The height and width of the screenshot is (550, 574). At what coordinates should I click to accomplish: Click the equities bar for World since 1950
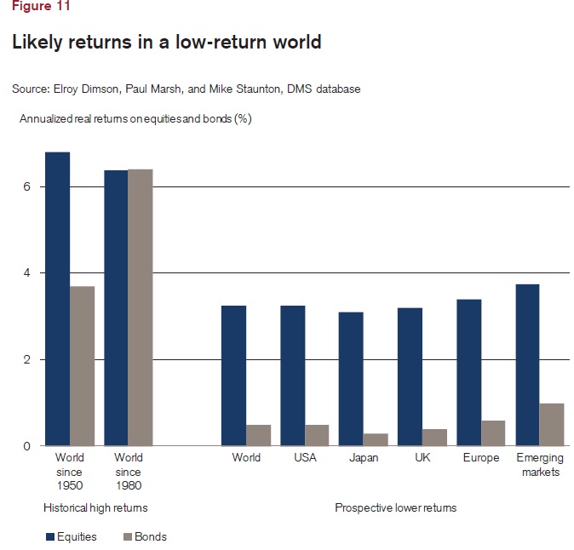click(57, 299)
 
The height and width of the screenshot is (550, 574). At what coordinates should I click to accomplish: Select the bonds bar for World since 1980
click(141, 307)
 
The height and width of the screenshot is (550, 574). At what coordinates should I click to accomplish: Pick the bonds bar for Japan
click(375, 439)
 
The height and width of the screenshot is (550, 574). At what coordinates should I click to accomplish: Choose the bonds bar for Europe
click(492, 433)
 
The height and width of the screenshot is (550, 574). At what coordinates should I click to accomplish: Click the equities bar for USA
click(292, 375)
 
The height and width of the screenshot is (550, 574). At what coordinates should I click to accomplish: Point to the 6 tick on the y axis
click(27, 186)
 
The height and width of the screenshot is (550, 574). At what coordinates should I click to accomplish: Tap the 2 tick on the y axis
click(27, 359)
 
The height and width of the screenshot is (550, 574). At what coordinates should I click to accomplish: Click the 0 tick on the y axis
click(27, 446)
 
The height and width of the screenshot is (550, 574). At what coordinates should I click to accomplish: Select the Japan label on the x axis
click(363, 459)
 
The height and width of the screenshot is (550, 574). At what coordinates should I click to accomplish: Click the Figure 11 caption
click(41, 6)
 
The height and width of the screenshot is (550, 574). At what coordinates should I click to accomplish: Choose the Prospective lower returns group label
click(395, 508)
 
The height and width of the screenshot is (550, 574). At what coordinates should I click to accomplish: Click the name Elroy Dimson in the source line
click(83, 88)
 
